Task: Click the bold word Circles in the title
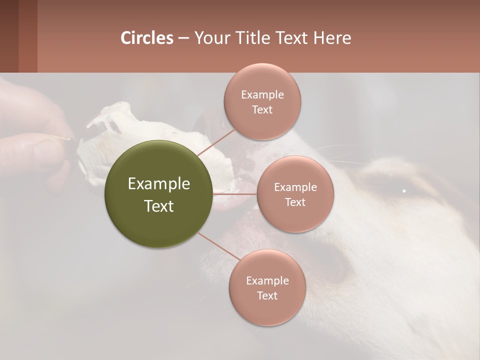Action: pos(147,38)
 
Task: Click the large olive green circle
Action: pos(158,194)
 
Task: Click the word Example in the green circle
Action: pos(158,184)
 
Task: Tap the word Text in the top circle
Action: pos(262,109)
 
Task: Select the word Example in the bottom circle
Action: pos(267,280)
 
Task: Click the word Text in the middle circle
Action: pos(295,202)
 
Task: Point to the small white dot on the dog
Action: pos(404,190)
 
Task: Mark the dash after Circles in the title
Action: pos(183,38)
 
